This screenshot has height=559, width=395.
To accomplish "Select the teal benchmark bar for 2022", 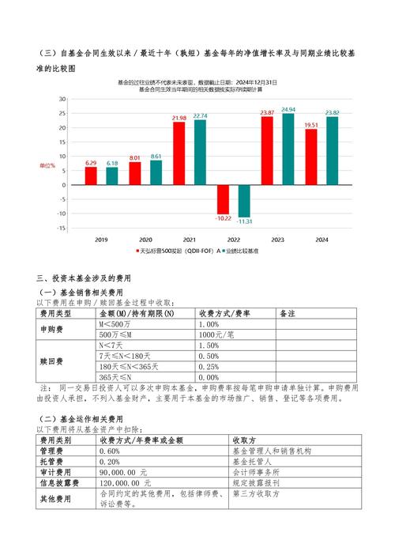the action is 244,201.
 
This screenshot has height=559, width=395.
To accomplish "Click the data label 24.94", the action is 288,109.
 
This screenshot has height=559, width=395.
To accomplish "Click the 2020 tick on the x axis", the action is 145,240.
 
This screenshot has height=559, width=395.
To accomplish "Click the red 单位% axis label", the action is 47,166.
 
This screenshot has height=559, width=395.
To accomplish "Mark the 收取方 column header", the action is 245,440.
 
